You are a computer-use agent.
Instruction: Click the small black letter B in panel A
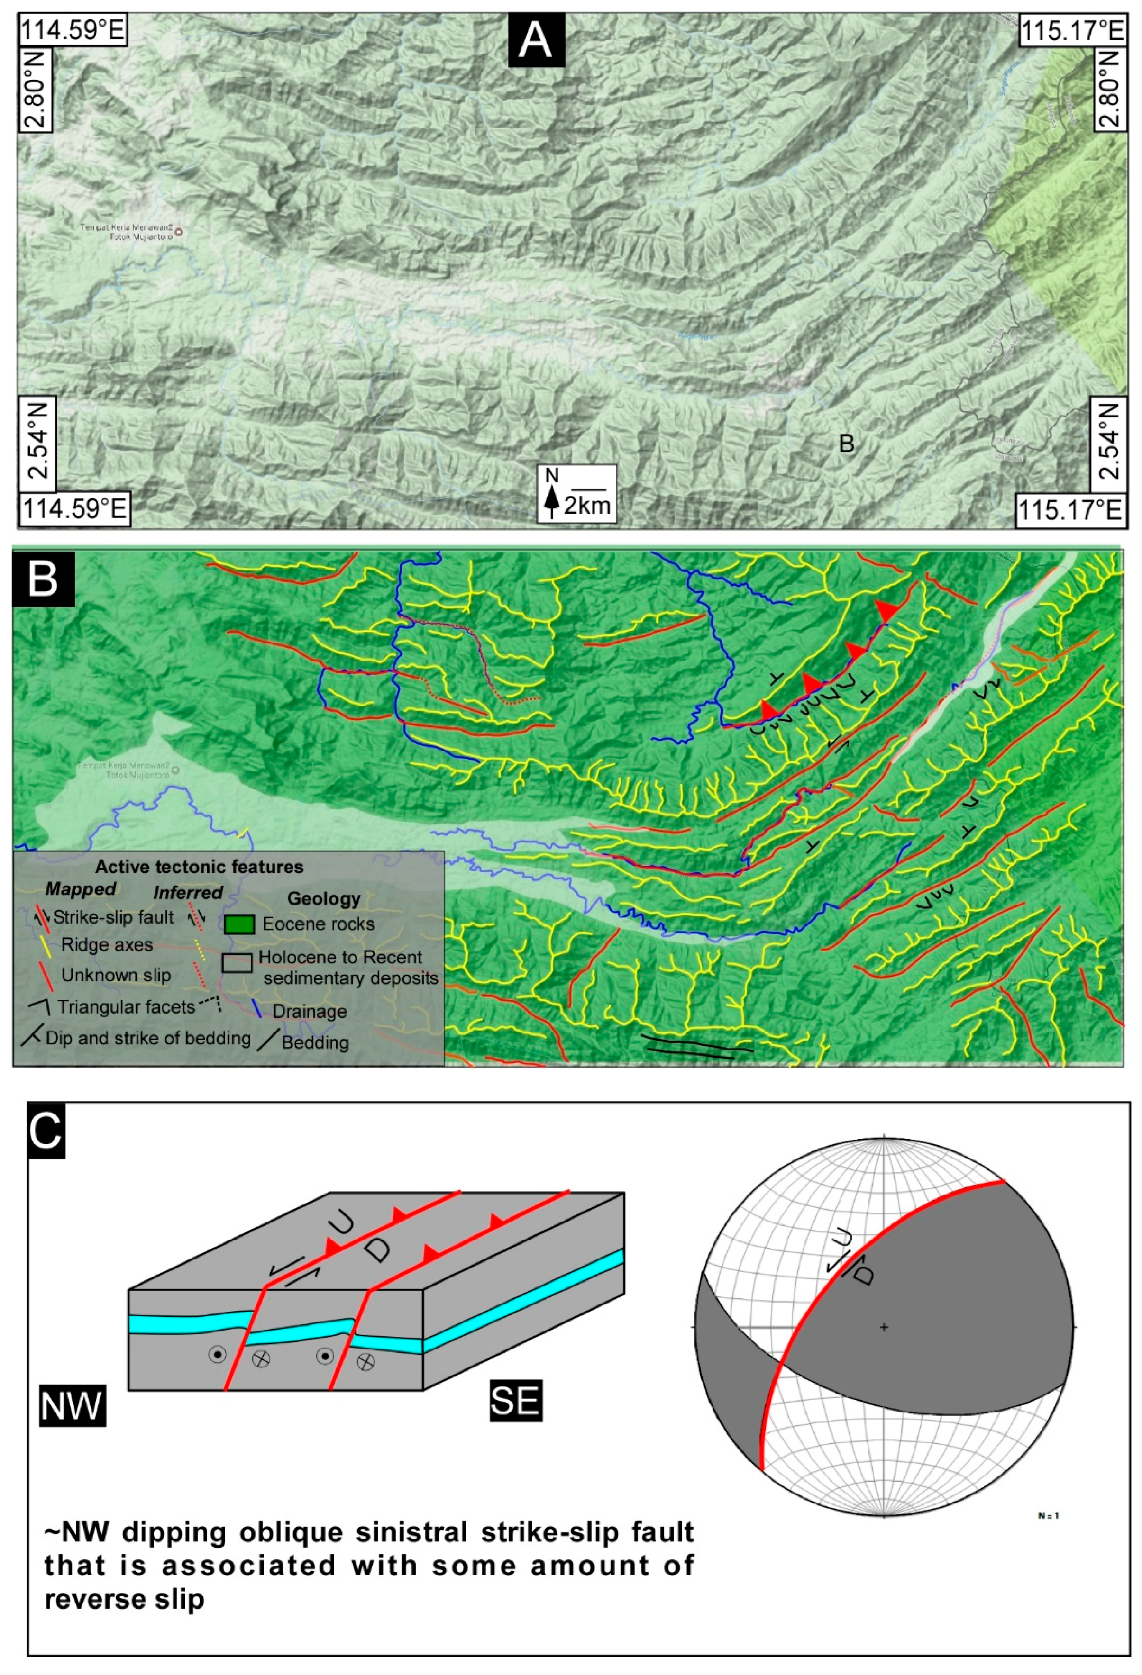[x=846, y=443]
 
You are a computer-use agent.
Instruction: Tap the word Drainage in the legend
[x=309, y=1011]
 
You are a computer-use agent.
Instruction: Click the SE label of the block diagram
[x=515, y=1400]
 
